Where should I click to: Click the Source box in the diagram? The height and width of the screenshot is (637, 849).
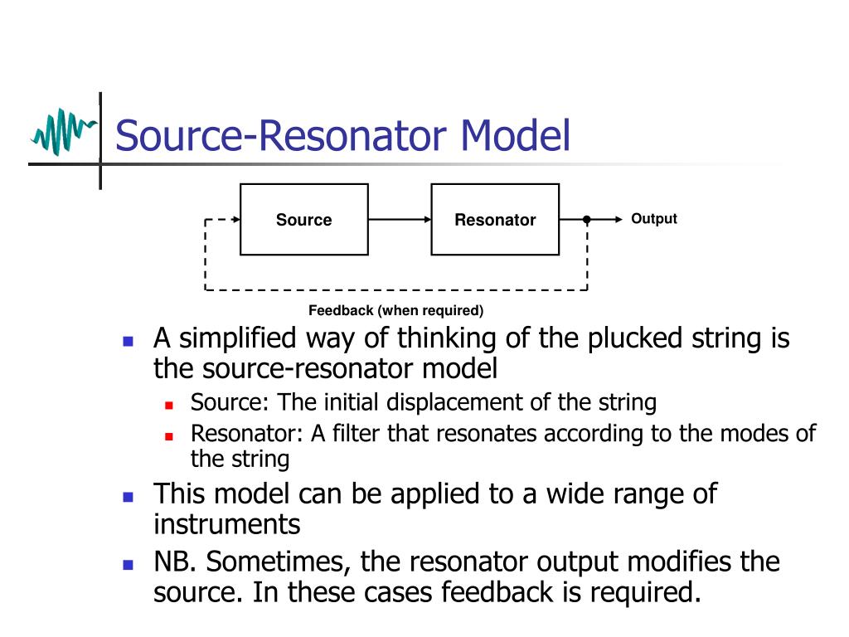click(x=303, y=220)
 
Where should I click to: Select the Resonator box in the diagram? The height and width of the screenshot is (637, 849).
click(x=494, y=220)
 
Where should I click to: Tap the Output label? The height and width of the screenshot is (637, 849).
click(x=654, y=219)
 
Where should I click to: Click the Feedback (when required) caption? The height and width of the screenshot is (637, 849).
click(x=395, y=311)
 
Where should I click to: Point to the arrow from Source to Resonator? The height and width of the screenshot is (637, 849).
click(x=400, y=220)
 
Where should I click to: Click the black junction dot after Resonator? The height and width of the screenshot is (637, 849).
click(x=587, y=220)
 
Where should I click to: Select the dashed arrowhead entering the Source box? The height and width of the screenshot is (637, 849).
click(x=235, y=220)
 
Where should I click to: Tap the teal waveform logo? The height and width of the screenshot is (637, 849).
click(x=62, y=132)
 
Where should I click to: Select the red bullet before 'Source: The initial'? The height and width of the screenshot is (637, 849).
click(x=168, y=406)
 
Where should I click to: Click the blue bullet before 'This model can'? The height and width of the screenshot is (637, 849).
click(x=128, y=497)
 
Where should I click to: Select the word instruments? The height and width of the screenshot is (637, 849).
click(x=226, y=524)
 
